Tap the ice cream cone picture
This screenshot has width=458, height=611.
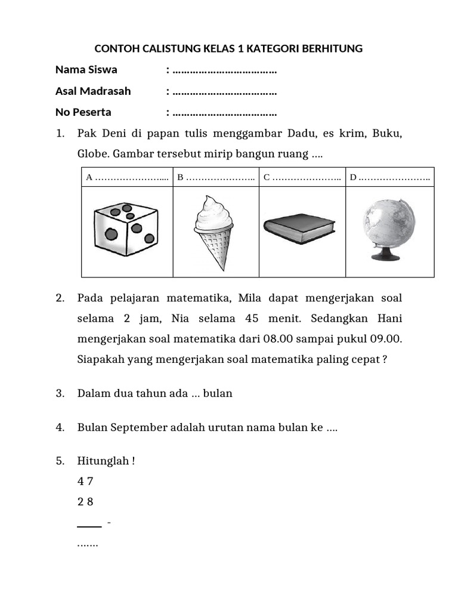point(213,232)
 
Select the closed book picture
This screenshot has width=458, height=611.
point(300,227)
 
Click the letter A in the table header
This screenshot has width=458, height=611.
point(89,177)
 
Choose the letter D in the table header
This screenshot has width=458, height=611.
point(353,177)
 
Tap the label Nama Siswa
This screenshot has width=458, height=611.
point(86,70)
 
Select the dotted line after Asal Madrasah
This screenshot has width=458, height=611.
point(224,91)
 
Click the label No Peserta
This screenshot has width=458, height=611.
point(83,112)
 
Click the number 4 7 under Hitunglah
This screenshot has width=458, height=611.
point(85,482)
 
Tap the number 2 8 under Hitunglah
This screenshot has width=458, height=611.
point(85,502)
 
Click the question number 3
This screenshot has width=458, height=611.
point(60,393)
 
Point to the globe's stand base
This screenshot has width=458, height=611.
point(386,257)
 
